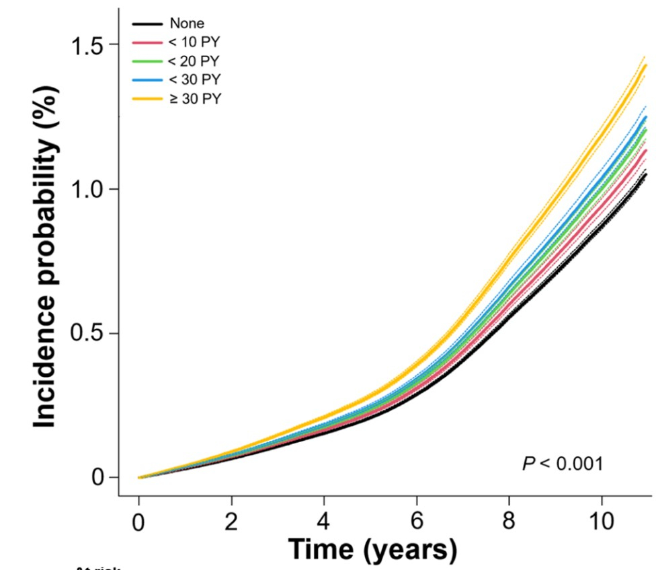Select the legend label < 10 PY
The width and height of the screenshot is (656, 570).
click(x=195, y=42)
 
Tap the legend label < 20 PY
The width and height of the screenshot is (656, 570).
click(x=195, y=61)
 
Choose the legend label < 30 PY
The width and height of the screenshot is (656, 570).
click(x=195, y=79)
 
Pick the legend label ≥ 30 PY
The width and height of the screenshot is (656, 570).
click(x=195, y=98)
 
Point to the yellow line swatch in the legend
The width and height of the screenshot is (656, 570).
click(x=147, y=98)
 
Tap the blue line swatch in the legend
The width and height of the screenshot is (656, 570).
click(x=147, y=79)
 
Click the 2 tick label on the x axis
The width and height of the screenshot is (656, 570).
click(x=232, y=522)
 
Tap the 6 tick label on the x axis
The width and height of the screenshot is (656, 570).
click(x=417, y=522)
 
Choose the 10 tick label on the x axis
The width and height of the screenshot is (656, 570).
click(x=602, y=522)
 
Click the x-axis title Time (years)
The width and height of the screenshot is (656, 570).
click(x=372, y=549)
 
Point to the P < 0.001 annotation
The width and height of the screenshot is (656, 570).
click(x=562, y=464)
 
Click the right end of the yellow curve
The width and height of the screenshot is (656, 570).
click(x=645, y=65)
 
